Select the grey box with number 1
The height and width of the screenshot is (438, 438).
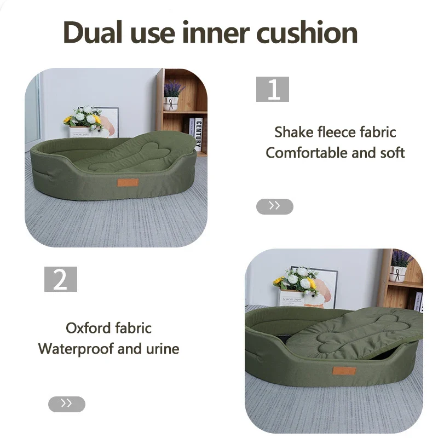tap(272, 89)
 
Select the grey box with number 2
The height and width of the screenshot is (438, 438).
tap(61, 279)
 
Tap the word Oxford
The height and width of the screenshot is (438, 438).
tap(88, 328)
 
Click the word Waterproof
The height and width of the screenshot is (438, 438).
tap(76, 349)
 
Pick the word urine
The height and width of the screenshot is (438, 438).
tap(163, 349)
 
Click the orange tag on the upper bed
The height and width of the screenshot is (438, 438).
tap(128, 183)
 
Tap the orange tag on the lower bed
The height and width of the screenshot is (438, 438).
tap(344, 371)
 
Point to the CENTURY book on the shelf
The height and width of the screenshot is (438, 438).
tap(198, 134)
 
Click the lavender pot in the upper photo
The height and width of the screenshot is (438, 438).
tap(171, 103)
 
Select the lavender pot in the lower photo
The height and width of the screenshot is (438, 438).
tap(399, 274)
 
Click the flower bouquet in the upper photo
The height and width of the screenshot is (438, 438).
tap(84, 117)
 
